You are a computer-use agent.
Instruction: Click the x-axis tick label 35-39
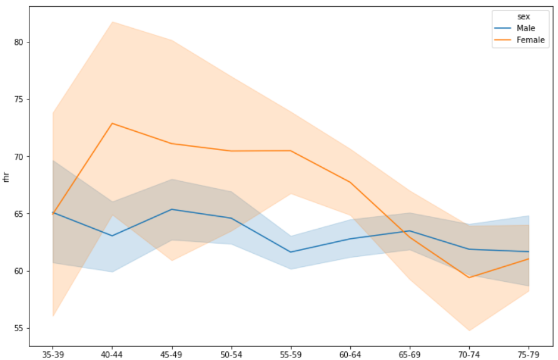(x=53, y=354)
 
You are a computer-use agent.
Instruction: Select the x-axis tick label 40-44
(x=112, y=354)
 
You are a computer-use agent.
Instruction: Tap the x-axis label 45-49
(x=172, y=354)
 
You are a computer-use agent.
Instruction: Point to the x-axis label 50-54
(x=231, y=354)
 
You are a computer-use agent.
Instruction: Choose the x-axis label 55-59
(x=291, y=354)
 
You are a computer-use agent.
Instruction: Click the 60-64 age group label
(x=350, y=354)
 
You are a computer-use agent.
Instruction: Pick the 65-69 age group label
(x=410, y=354)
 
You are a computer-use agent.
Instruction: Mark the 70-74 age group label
(x=470, y=354)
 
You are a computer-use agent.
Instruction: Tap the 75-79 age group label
(x=529, y=354)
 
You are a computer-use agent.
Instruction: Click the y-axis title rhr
(x=6, y=176)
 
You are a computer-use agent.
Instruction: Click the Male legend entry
(x=525, y=28)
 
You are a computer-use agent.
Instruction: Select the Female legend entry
(x=530, y=40)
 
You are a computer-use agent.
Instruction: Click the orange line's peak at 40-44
(x=112, y=123)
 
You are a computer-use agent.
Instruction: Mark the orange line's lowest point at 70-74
(x=470, y=277)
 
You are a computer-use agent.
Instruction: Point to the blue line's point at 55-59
(x=291, y=252)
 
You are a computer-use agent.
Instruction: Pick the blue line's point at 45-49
(x=172, y=209)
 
